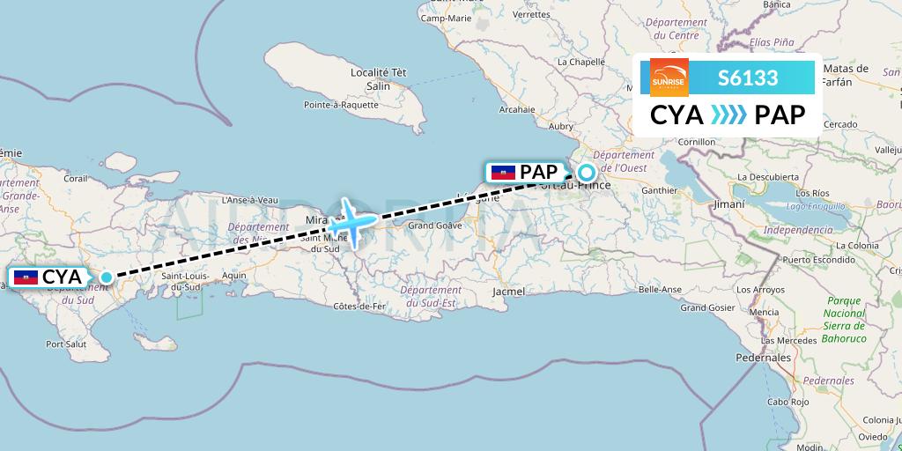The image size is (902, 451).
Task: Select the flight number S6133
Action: pyautogui.click(x=748, y=78)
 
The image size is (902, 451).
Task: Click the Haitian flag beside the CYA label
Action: pyautogui.click(x=26, y=277)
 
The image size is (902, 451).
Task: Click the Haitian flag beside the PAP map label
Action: pyautogui.click(x=503, y=173)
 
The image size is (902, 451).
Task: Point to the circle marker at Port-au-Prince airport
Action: pyautogui.click(x=586, y=173)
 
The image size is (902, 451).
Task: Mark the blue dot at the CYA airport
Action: pyautogui.click(x=107, y=277)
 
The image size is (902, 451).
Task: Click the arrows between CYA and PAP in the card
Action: pyautogui.click(x=728, y=115)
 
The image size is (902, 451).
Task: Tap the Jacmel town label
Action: pyautogui.click(x=509, y=291)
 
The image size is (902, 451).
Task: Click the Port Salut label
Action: pyautogui.click(x=66, y=344)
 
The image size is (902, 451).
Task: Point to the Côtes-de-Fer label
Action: pyautogui.click(x=360, y=306)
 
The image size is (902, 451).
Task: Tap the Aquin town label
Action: pyautogui.click(x=235, y=275)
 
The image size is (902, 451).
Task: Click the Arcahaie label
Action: pyautogui.click(x=517, y=110)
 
